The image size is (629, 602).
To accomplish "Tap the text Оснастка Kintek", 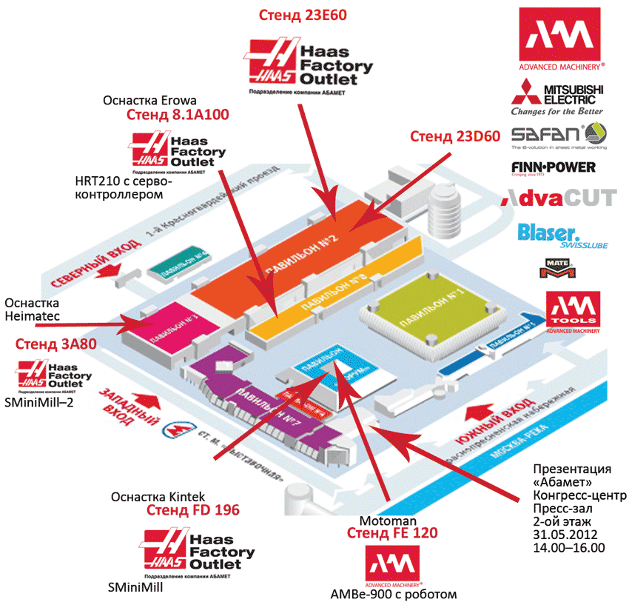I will click(157, 495).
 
